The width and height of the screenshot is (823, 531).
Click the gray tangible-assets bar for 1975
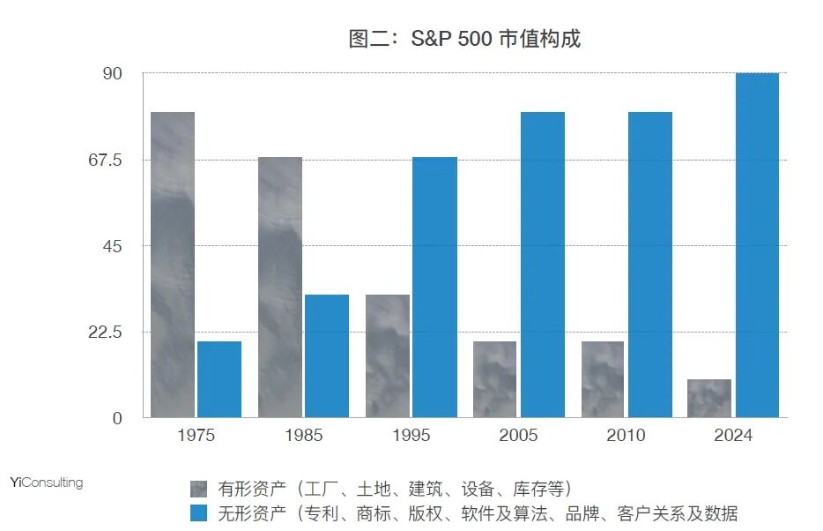[x=173, y=265]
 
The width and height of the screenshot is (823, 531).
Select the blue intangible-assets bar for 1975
[x=219, y=379]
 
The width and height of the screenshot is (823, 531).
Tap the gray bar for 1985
[x=280, y=287]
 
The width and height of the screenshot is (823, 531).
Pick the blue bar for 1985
[x=327, y=355]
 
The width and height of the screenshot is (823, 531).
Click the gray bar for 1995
[x=388, y=355]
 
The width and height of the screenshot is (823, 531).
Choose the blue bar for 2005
[x=542, y=265]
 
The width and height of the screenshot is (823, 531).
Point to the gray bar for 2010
[x=603, y=379]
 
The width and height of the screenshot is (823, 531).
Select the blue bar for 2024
[x=757, y=245]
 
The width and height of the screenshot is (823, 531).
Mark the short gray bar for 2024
[x=709, y=399]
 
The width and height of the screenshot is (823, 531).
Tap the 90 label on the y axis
[x=113, y=74]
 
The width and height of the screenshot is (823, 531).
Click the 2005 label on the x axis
[x=518, y=435]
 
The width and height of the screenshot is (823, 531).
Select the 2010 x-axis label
[x=626, y=435]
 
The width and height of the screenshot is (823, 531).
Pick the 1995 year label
[x=411, y=435]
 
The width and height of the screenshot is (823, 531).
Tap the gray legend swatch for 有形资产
[x=198, y=490]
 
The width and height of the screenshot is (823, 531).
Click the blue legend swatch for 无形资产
[x=198, y=513]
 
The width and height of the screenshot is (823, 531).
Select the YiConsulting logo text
[x=47, y=482]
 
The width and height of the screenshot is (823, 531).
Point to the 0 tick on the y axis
[x=116, y=418]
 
